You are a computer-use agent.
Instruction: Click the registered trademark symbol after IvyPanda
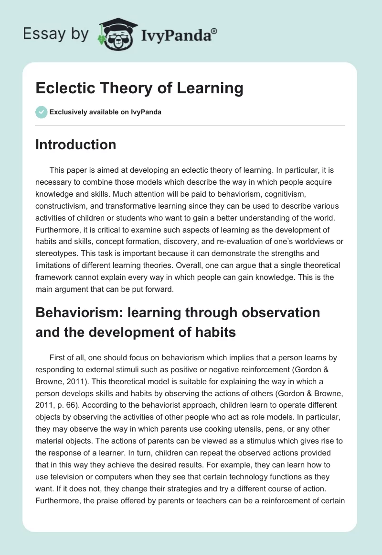coord(214,31)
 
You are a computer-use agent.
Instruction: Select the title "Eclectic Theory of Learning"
coord(139,89)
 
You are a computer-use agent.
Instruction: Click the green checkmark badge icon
coord(41,112)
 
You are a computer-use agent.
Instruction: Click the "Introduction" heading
coord(75,144)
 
